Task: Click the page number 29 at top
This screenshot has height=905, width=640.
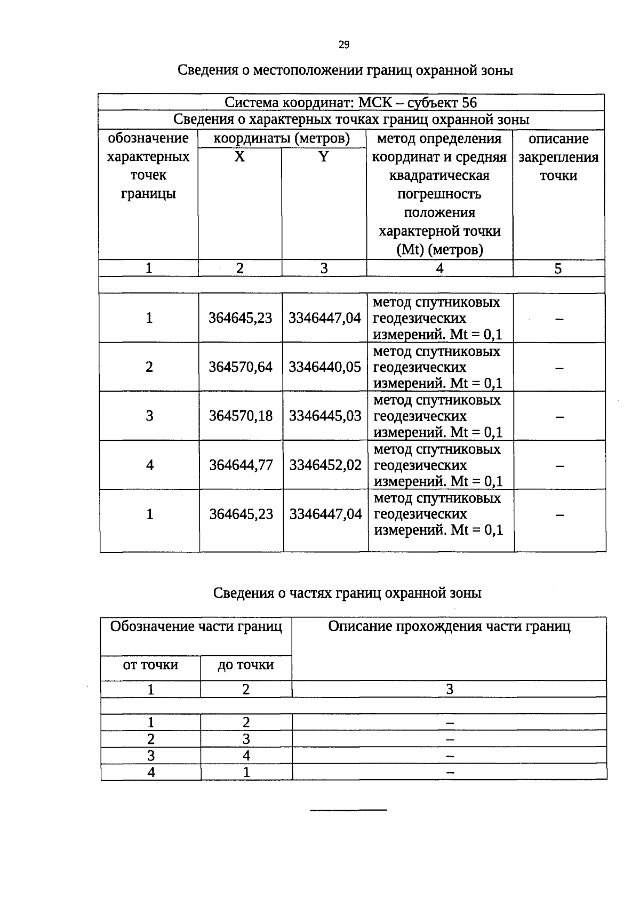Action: tap(343, 45)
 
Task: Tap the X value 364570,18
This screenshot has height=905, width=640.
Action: tap(241, 416)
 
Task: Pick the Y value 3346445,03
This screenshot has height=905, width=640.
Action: tap(325, 416)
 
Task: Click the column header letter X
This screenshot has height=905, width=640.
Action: tap(239, 157)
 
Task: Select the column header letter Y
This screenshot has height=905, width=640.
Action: tap(323, 157)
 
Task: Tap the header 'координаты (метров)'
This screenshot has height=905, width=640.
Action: tap(282, 139)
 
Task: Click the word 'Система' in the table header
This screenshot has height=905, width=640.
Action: tap(251, 102)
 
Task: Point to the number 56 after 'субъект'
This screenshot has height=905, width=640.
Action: tap(469, 102)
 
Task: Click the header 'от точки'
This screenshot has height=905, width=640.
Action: tap(150, 665)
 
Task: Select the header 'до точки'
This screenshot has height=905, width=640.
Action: tap(245, 665)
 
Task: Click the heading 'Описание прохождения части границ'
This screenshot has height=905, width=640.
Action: tap(449, 626)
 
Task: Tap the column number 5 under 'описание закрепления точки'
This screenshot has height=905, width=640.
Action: tap(558, 268)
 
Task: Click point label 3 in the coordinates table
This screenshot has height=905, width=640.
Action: tap(149, 416)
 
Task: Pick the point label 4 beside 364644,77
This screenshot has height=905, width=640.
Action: tap(150, 465)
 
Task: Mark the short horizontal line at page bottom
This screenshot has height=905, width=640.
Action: tap(348, 811)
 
